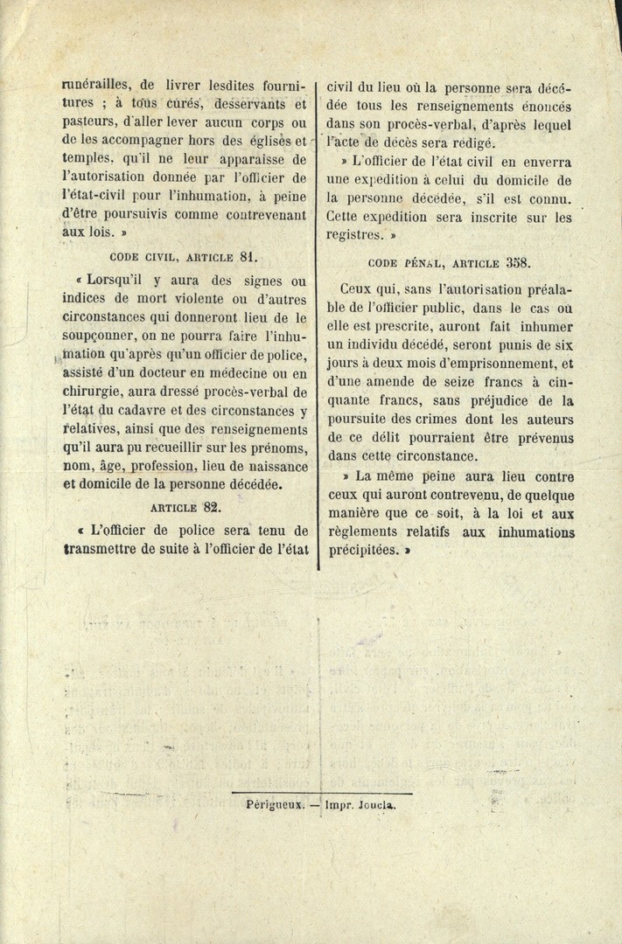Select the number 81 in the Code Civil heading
coord(247,257)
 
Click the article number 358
coord(517,262)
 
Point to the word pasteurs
coord(91,122)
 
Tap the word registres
coord(356,235)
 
